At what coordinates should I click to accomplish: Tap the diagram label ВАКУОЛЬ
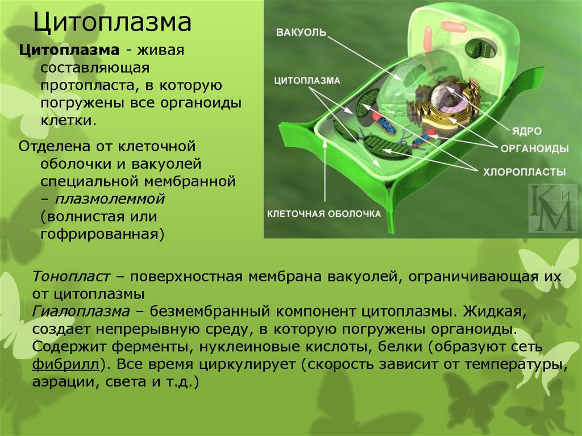(x=301, y=32)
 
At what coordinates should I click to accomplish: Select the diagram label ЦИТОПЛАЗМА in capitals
(x=307, y=81)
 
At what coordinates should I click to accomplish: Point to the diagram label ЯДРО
(x=527, y=131)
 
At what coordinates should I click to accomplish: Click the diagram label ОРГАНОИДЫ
(x=534, y=149)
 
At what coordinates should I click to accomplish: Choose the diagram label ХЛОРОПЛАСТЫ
(x=525, y=172)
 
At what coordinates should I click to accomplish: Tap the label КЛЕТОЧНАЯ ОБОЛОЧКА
(x=324, y=214)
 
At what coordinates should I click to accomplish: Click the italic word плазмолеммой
(x=110, y=199)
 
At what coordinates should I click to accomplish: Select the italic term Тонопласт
(x=71, y=277)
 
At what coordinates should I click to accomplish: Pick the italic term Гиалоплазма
(x=81, y=312)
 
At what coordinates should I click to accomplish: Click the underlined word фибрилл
(x=66, y=364)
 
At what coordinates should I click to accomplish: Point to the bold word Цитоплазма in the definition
(x=69, y=50)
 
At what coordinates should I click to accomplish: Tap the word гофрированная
(x=99, y=235)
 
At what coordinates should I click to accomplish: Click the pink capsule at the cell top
(x=454, y=27)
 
